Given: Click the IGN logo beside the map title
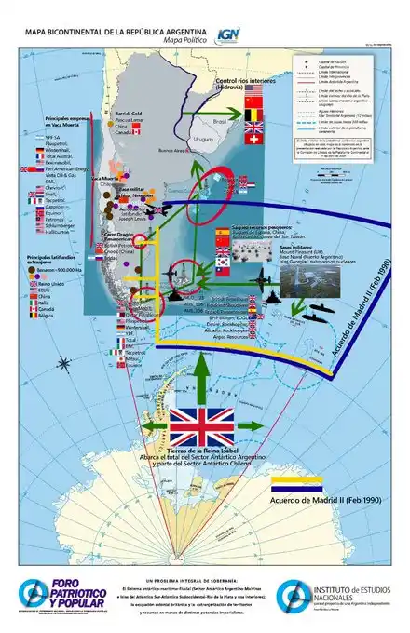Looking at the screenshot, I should [x=225, y=34].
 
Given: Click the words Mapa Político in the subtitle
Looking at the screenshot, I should [x=184, y=40].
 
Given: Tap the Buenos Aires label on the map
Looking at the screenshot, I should [x=173, y=151].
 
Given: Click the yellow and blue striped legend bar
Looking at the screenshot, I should [x=295, y=483].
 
